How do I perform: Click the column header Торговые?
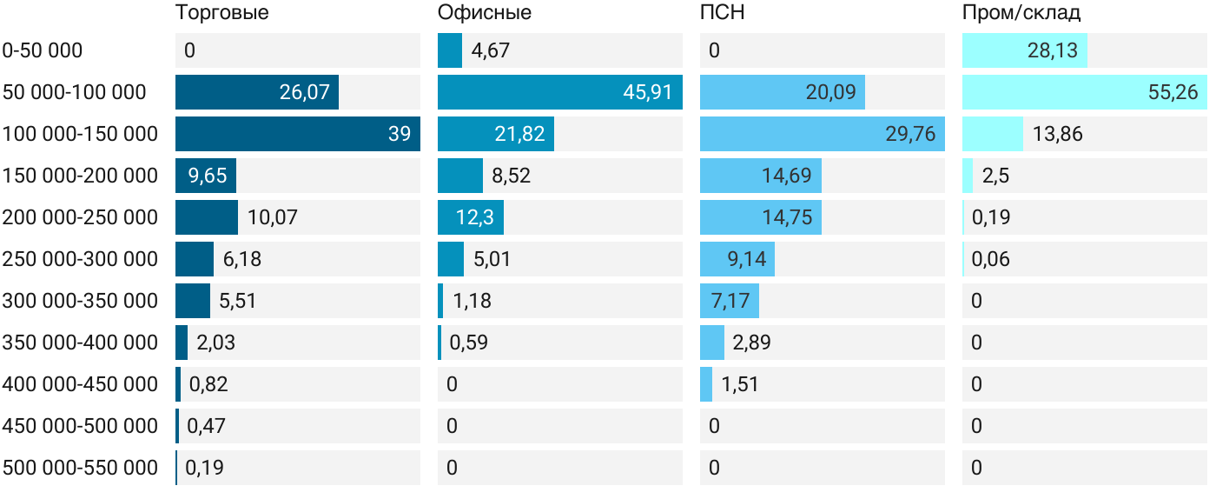point(221,13)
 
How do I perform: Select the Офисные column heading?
point(485,13)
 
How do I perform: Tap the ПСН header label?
point(723,13)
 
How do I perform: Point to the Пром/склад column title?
point(1021,13)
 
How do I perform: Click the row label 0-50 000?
point(43,50)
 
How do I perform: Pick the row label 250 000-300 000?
point(80,259)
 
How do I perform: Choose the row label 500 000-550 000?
point(80,468)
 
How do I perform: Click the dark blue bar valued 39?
point(297,134)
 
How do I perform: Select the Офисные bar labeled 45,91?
point(559,92)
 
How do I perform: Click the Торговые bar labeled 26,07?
point(256,92)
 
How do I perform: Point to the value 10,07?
point(273,217)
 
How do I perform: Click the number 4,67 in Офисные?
point(490,50)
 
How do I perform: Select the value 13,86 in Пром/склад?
point(1058,134)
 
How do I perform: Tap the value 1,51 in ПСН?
point(740,384)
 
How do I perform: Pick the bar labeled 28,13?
point(1024,50)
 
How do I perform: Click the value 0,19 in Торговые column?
point(205,468)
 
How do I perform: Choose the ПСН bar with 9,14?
point(737,259)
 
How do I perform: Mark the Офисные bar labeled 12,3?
point(470,217)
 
